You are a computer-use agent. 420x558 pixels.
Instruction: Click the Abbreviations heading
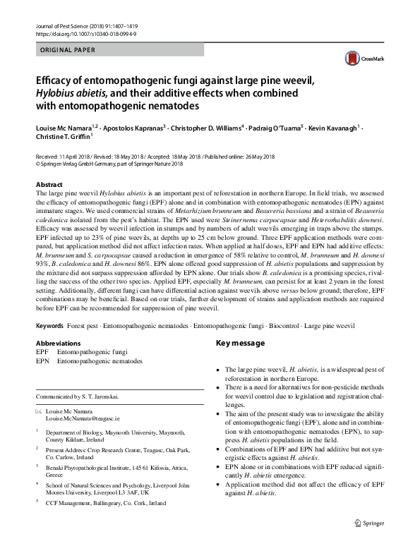62,342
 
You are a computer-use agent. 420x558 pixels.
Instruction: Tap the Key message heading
240,343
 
